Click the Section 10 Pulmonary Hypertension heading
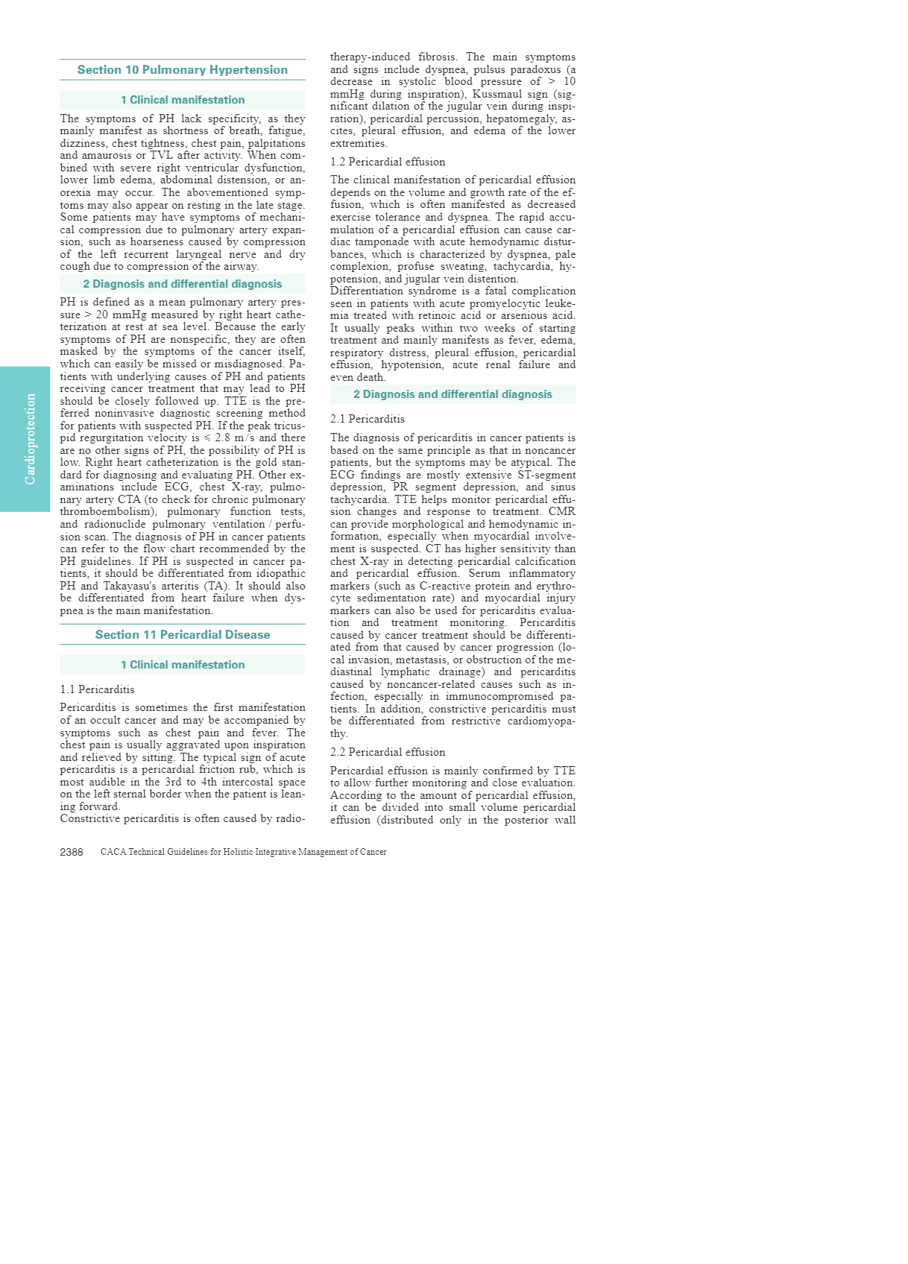click(x=182, y=70)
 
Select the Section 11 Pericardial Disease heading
click(x=182, y=635)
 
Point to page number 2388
click(x=72, y=852)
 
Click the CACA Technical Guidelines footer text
click(x=243, y=852)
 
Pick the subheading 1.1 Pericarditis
click(x=97, y=689)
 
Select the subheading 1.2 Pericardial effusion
click(x=388, y=162)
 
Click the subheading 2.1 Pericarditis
click(x=368, y=419)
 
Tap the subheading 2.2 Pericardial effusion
click(x=388, y=752)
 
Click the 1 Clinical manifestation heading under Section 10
click(x=183, y=100)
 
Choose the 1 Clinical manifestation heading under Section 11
click(x=183, y=665)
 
